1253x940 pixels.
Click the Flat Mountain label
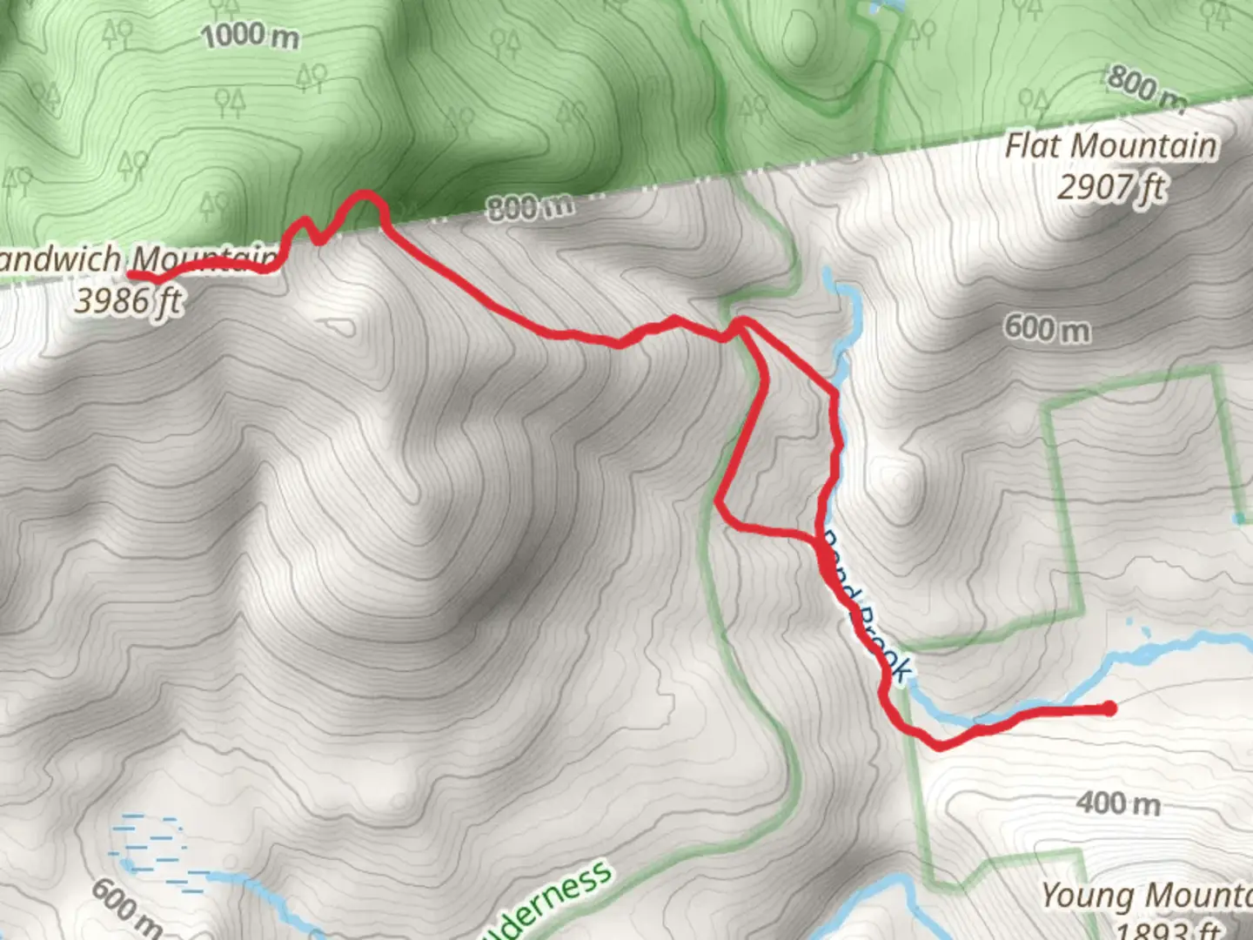1110,145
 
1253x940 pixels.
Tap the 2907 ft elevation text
1110,186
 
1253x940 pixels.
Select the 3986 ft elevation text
129,301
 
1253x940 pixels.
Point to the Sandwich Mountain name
139,258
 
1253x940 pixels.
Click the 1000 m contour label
251,36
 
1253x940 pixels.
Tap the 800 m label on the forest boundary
529,207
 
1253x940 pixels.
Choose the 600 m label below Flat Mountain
1047,328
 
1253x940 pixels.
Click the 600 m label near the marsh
126,905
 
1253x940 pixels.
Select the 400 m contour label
1118,802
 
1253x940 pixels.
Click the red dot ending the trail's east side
1109,708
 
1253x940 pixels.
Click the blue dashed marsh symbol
157,849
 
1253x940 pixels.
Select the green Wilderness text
548,901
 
